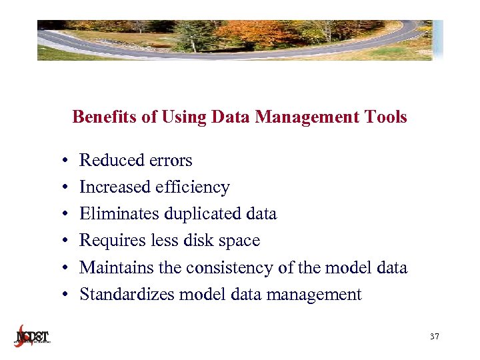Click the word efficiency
(193, 187)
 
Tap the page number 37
(435, 337)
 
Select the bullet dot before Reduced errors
(61, 161)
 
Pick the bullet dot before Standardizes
(61, 295)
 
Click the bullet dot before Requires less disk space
(61, 241)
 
